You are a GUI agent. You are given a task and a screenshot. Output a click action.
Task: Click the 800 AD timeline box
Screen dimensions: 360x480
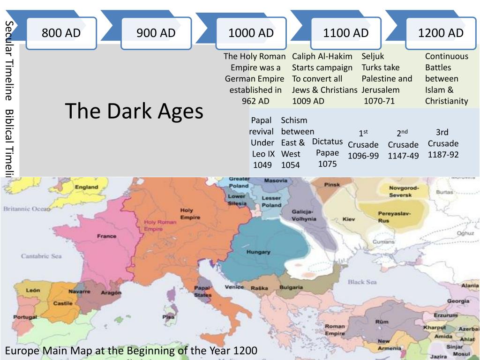(x=61, y=33)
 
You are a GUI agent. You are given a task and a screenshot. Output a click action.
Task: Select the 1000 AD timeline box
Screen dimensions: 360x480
(x=251, y=33)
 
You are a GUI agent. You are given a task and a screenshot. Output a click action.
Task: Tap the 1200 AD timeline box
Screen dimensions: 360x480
(x=441, y=33)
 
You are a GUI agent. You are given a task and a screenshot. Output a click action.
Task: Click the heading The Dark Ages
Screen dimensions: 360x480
(x=134, y=111)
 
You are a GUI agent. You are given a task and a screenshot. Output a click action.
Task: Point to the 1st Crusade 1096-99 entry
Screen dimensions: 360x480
(x=363, y=145)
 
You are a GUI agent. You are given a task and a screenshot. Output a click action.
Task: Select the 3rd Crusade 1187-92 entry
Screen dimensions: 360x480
(x=443, y=143)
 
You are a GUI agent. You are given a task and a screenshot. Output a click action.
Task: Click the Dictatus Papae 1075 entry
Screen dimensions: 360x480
(x=327, y=152)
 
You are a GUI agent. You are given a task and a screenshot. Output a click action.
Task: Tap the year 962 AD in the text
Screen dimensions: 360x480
(x=255, y=101)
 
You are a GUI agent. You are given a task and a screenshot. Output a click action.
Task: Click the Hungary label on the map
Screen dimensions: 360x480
(x=258, y=252)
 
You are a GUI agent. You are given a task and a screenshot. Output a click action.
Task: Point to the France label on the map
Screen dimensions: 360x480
(x=107, y=236)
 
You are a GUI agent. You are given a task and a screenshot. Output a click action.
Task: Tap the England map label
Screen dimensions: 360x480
(x=87, y=187)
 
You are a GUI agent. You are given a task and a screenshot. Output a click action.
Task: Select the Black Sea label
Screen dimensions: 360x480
(x=362, y=282)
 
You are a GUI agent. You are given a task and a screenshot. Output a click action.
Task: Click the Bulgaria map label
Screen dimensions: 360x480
(x=291, y=287)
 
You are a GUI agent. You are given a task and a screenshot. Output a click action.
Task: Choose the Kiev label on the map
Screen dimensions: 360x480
(x=349, y=219)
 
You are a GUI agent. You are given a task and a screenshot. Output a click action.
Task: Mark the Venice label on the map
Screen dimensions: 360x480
(x=234, y=287)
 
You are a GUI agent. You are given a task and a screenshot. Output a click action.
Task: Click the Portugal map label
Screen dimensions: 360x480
(x=25, y=317)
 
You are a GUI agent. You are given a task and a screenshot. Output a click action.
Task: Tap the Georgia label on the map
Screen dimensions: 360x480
(x=458, y=301)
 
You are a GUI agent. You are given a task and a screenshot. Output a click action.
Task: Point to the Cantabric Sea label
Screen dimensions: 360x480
(x=41, y=256)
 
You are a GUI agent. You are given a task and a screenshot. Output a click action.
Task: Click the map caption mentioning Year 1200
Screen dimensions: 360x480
(x=131, y=351)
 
